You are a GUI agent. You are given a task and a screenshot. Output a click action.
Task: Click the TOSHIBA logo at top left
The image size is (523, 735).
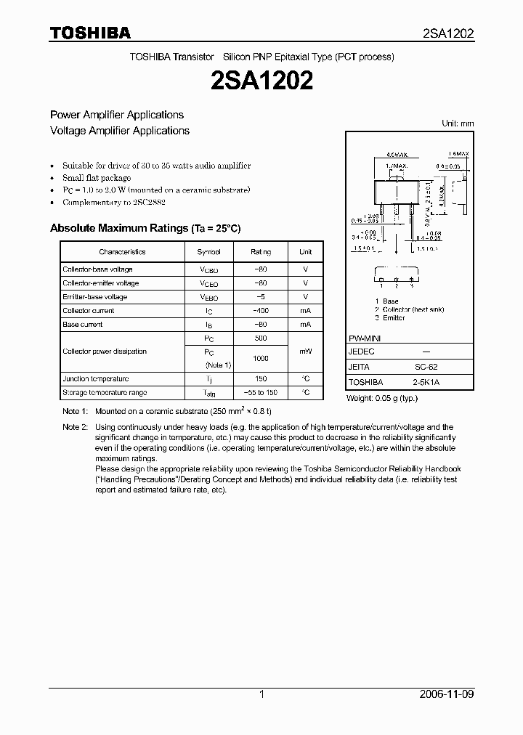pos(90,33)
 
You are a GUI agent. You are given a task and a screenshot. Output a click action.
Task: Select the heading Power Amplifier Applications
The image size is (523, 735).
pos(116,115)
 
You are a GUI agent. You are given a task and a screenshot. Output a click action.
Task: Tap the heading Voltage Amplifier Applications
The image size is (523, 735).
pos(119,131)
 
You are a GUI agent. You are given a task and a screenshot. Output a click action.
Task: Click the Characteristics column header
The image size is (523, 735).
pos(122,252)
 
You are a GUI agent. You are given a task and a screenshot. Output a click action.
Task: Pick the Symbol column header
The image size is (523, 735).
pos(208,252)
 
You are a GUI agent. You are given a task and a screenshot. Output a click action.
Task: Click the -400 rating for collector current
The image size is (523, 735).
pos(260,311)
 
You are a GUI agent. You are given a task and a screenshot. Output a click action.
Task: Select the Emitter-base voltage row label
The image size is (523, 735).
pos(94,297)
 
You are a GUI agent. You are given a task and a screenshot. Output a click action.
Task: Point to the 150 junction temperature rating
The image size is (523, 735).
pos(260,379)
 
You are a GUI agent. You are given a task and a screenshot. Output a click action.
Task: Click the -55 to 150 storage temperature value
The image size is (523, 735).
pos(260,393)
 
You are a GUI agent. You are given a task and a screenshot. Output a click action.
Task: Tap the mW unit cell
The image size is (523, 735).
pos(305,352)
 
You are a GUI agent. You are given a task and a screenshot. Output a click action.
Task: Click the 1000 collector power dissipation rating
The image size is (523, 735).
pos(260,359)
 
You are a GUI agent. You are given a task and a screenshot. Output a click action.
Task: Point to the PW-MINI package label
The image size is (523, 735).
pos(365,339)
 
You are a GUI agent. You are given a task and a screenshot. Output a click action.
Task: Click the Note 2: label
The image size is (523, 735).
pos(75,427)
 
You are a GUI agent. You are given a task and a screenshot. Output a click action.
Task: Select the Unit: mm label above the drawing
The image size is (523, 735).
pos(458,123)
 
